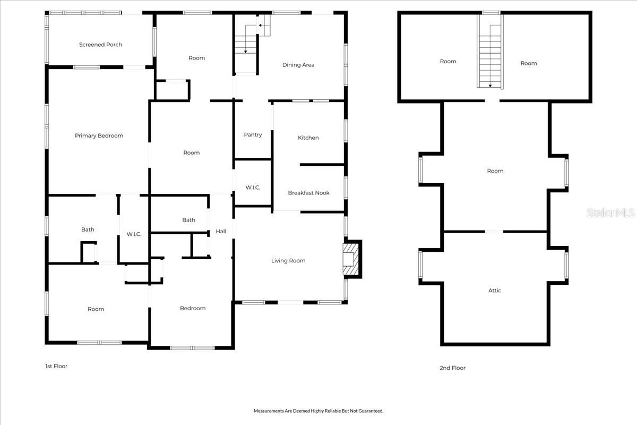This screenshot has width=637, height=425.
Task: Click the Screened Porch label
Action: tap(100, 45)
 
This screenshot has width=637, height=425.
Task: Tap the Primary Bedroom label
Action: tap(99, 135)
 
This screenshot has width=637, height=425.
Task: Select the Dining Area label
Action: tap(298, 65)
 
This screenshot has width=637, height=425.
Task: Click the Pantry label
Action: tap(253, 134)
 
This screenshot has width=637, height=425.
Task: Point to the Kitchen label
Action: tap(308, 138)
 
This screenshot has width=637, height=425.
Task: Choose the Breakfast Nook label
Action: tap(308, 193)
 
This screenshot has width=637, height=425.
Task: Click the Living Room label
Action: tap(288, 260)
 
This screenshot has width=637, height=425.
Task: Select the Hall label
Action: tap(221, 231)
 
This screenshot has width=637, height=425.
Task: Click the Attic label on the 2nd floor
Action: tap(495, 291)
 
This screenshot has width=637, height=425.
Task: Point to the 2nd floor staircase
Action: tap(490, 56)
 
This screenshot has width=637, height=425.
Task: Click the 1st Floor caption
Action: tap(56, 366)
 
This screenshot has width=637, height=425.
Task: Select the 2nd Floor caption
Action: tap(452, 368)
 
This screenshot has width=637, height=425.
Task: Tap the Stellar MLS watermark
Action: tap(610, 213)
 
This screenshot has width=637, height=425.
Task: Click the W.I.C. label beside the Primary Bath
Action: tap(134, 234)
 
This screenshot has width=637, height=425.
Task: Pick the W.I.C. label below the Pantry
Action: tap(253, 188)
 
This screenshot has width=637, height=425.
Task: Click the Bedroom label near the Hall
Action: tap(193, 308)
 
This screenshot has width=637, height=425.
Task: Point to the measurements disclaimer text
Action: tap(318, 411)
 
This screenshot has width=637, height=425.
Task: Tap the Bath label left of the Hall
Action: tap(188, 220)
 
